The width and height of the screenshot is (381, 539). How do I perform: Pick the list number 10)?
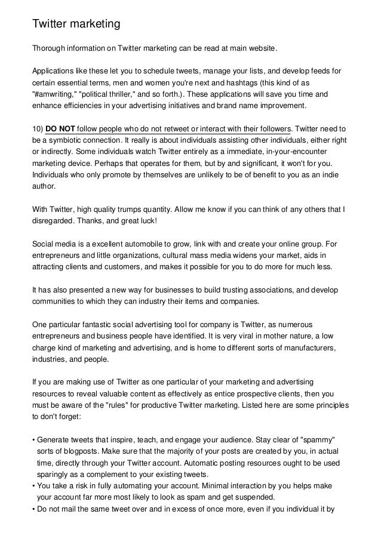[x=39, y=129]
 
